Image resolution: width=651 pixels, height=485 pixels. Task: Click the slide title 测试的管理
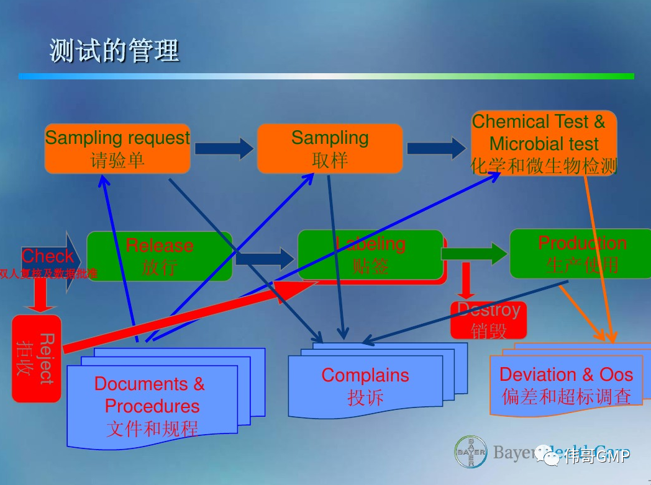click(x=114, y=51)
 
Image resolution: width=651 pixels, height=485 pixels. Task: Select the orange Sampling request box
click(x=117, y=149)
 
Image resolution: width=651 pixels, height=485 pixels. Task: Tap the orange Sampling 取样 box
click(x=330, y=149)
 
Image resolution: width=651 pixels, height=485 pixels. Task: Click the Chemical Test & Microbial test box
click(x=544, y=143)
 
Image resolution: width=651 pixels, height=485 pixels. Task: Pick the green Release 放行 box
click(x=160, y=256)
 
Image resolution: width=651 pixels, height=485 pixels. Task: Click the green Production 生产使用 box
click(x=582, y=254)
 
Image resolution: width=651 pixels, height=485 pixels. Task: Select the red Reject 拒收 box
click(x=37, y=358)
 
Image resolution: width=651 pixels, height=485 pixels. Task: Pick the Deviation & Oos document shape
click(x=565, y=385)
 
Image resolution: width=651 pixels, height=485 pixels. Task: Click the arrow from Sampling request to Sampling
click(x=224, y=148)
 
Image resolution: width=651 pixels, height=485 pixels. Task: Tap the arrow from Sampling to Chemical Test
click(x=436, y=148)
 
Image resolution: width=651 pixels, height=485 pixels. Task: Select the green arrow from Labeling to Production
click(x=475, y=253)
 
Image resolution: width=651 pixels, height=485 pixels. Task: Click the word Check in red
click(x=47, y=256)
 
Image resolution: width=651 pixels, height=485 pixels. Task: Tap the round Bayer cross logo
click(x=470, y=455)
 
